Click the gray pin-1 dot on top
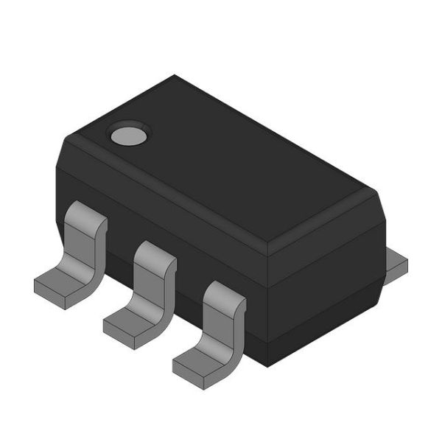point(129,134)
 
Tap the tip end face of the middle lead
point(121,337)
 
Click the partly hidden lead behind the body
point(396,263)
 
